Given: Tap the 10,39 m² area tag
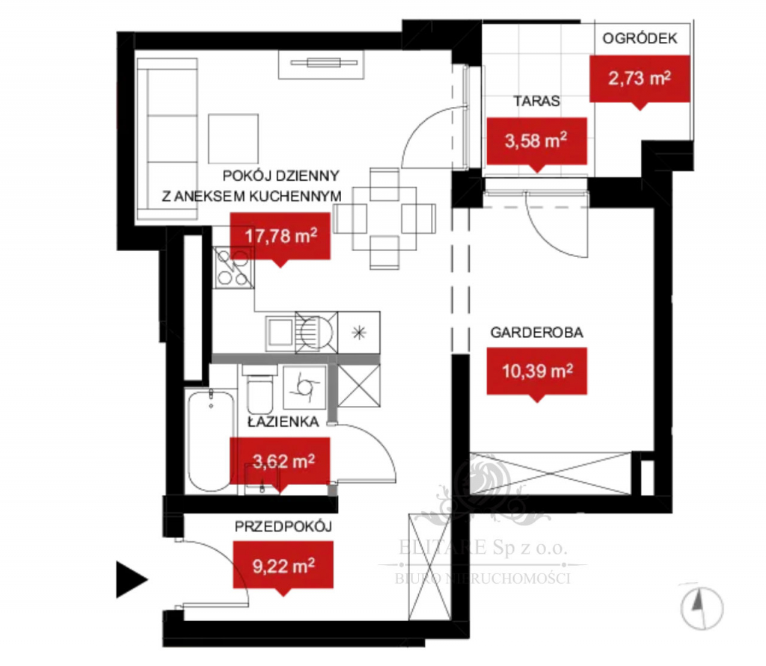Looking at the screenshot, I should tap(536, 371).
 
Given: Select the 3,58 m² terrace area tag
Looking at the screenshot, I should tap(536, 141).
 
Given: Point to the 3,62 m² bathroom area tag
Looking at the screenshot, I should tap(281, 463).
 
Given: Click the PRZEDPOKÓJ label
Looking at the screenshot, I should tap(283, 526).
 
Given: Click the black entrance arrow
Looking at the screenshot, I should tap(131, 580).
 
